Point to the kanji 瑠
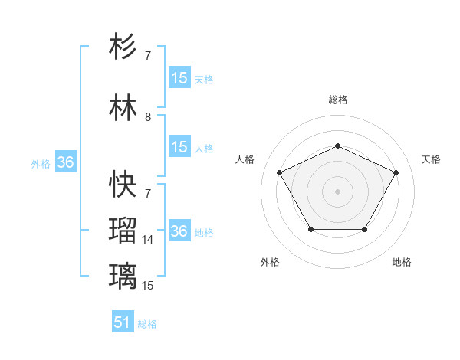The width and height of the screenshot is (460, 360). click(123, 229)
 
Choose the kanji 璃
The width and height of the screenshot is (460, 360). click(123, 274)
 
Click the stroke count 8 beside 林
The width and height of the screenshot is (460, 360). click(148, 117)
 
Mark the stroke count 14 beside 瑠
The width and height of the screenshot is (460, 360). click(148, 240)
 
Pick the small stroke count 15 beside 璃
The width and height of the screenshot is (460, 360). click(148, 285)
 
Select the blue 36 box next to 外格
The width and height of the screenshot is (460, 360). click(65, 162)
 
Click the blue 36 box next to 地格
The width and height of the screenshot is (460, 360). click(179, 231)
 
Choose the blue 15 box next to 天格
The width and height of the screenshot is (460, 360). click(179, 78)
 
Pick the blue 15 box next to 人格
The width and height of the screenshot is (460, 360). click(179, 147)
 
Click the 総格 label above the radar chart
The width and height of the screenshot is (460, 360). click(338, 100)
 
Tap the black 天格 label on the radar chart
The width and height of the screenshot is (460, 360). click(431, 159)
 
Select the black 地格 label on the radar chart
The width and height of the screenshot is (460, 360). click(402, 262)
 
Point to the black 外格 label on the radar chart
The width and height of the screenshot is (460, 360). click(270, 262)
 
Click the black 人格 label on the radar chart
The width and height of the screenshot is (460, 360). click(245, 159)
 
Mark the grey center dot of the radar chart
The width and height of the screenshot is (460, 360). click(337, 191)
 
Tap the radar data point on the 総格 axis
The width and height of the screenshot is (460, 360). click(337, 146)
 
